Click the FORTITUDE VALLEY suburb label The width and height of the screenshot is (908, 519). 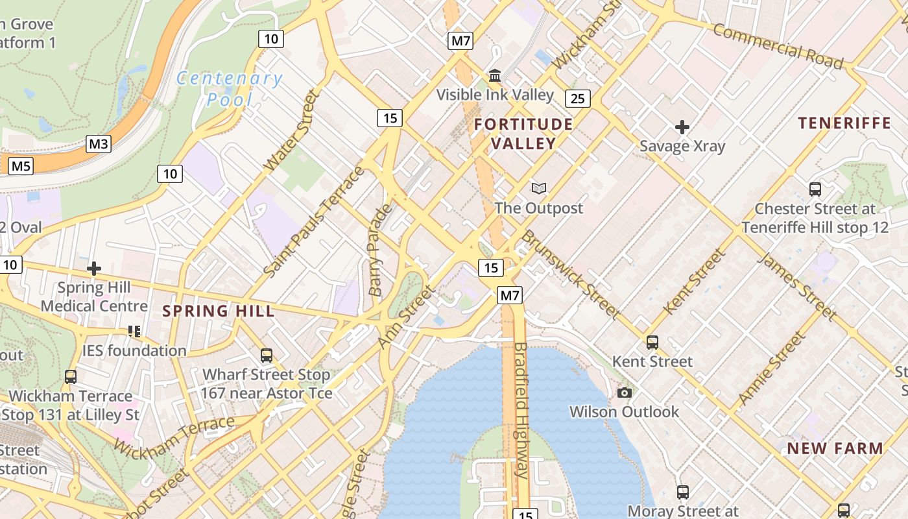point(523,134)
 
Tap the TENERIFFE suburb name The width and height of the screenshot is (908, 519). point(844,123)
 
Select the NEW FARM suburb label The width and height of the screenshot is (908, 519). point(835,448)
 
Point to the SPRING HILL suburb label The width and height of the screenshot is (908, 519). point(219,311)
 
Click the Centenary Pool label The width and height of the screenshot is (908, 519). point(230,89)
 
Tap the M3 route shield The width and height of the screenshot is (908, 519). point(98,143)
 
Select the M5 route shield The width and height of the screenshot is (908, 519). point(21,167)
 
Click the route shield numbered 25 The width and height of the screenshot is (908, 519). point(577,99)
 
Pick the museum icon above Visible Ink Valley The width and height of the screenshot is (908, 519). point(495,76)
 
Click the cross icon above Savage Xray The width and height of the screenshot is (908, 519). point(682,127)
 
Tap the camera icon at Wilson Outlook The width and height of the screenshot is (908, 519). point(625,392)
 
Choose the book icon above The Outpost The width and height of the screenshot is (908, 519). point(538,189)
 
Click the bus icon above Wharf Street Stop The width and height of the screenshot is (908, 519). point(266,355)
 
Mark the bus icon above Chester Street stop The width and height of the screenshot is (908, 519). point(815,189)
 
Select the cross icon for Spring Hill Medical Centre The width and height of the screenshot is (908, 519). point(94,268)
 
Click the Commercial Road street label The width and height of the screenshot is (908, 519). point(778,46)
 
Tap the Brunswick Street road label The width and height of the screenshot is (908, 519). point(571,274)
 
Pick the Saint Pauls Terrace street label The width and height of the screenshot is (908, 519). point(315,221)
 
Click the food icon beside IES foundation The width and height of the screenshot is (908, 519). point(134,332)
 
